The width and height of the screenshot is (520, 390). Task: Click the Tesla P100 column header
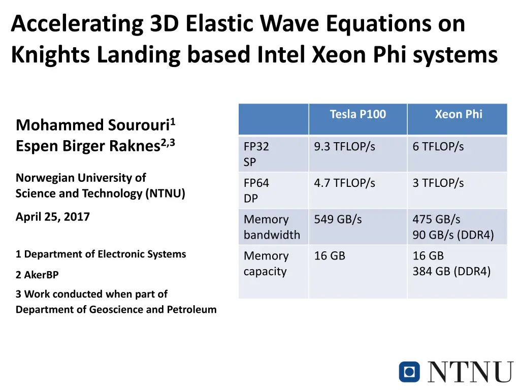357,114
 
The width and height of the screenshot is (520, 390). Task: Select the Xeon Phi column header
458,114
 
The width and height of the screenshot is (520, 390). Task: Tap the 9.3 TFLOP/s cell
344,147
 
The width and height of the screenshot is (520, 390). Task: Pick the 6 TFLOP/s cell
438,147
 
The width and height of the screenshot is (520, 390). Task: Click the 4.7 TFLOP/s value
344,183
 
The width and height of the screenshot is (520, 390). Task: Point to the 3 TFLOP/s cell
438,183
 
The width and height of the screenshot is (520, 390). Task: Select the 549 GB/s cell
338,219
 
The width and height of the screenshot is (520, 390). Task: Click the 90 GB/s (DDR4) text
452,235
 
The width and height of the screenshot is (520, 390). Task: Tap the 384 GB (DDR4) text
451,272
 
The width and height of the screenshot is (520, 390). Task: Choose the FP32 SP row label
256,154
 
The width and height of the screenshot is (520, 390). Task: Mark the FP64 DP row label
256,191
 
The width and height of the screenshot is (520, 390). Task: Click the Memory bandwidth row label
272,227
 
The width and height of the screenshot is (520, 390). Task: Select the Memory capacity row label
266,264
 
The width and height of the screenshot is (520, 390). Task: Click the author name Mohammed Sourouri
93,125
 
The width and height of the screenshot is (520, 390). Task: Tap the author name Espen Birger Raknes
88,146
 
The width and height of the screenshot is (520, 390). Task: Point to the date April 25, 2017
53,217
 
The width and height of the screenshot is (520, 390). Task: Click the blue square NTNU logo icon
409,371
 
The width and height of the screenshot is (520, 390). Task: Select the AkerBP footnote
37,275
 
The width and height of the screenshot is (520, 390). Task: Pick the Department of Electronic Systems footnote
101,254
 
